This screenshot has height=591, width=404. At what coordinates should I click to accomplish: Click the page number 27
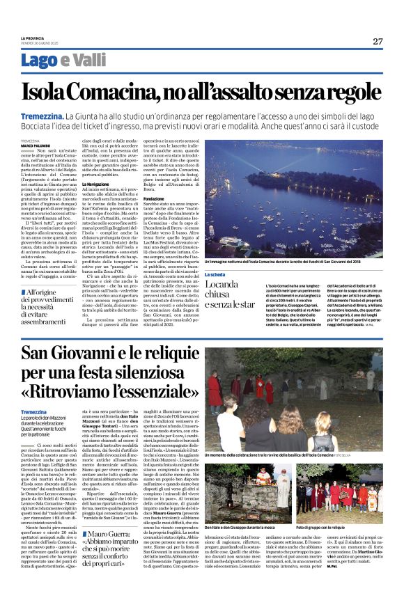[x=378, y=41]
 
